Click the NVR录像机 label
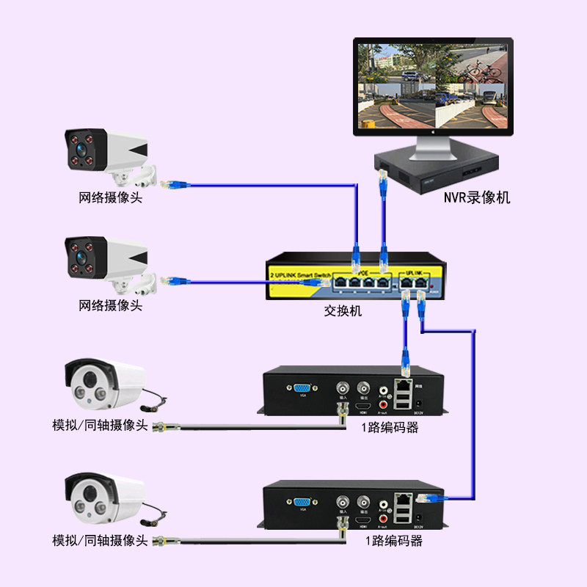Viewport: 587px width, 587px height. [x=476, y=197]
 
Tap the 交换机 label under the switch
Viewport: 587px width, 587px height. [x=343, y=310]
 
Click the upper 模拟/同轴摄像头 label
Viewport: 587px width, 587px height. [x=100, y=426]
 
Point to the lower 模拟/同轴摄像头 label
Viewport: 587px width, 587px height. [x=100, y=541]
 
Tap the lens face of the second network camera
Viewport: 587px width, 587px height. [x=81, y=256]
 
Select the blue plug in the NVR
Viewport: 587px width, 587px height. [x=382, y=179]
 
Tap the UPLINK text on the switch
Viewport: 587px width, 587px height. [x=409, y=271]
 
